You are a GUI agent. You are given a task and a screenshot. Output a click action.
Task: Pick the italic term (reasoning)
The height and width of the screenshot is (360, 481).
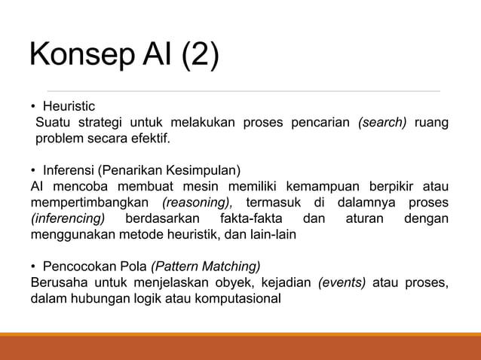pos(197,203)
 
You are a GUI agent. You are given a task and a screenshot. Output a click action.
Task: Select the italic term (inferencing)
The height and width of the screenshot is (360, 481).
pos(68,219)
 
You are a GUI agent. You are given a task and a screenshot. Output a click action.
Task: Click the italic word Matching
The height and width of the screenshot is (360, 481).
pos(237,267)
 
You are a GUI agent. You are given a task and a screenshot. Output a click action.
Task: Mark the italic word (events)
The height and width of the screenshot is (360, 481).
pos(342,282)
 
